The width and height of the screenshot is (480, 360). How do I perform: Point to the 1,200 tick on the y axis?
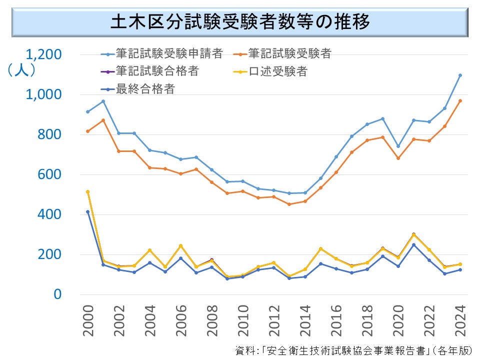[44, 54]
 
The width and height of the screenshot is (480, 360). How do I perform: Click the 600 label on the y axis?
[50, 174]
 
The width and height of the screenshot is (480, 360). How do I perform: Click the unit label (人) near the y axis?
[21, 70]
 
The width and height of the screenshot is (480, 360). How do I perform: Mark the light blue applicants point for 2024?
[460, 75]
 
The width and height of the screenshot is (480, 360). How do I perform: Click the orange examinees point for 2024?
[460, 101]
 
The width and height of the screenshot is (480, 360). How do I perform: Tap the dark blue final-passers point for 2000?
[88, 211]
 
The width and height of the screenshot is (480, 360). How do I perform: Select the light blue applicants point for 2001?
[103, 101]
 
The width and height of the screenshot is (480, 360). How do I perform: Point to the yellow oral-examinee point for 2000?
[88, 191]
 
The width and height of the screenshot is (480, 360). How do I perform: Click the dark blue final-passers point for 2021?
[413, 244]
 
